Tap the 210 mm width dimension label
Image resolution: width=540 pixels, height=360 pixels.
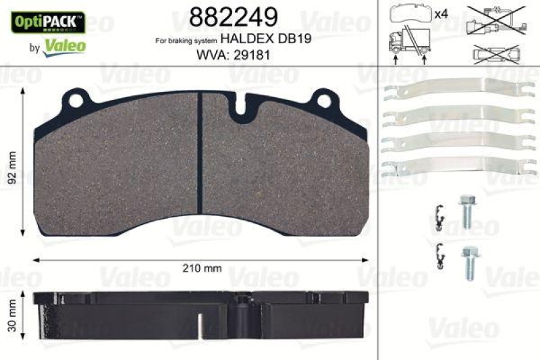click(202, 268)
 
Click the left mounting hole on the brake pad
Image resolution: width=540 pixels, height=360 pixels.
click(75, 101)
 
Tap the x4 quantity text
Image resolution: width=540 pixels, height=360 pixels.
click(441, 14)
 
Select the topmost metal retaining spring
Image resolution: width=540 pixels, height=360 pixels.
click(454, 95)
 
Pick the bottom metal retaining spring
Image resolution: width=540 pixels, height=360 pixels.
click(454, 167)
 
